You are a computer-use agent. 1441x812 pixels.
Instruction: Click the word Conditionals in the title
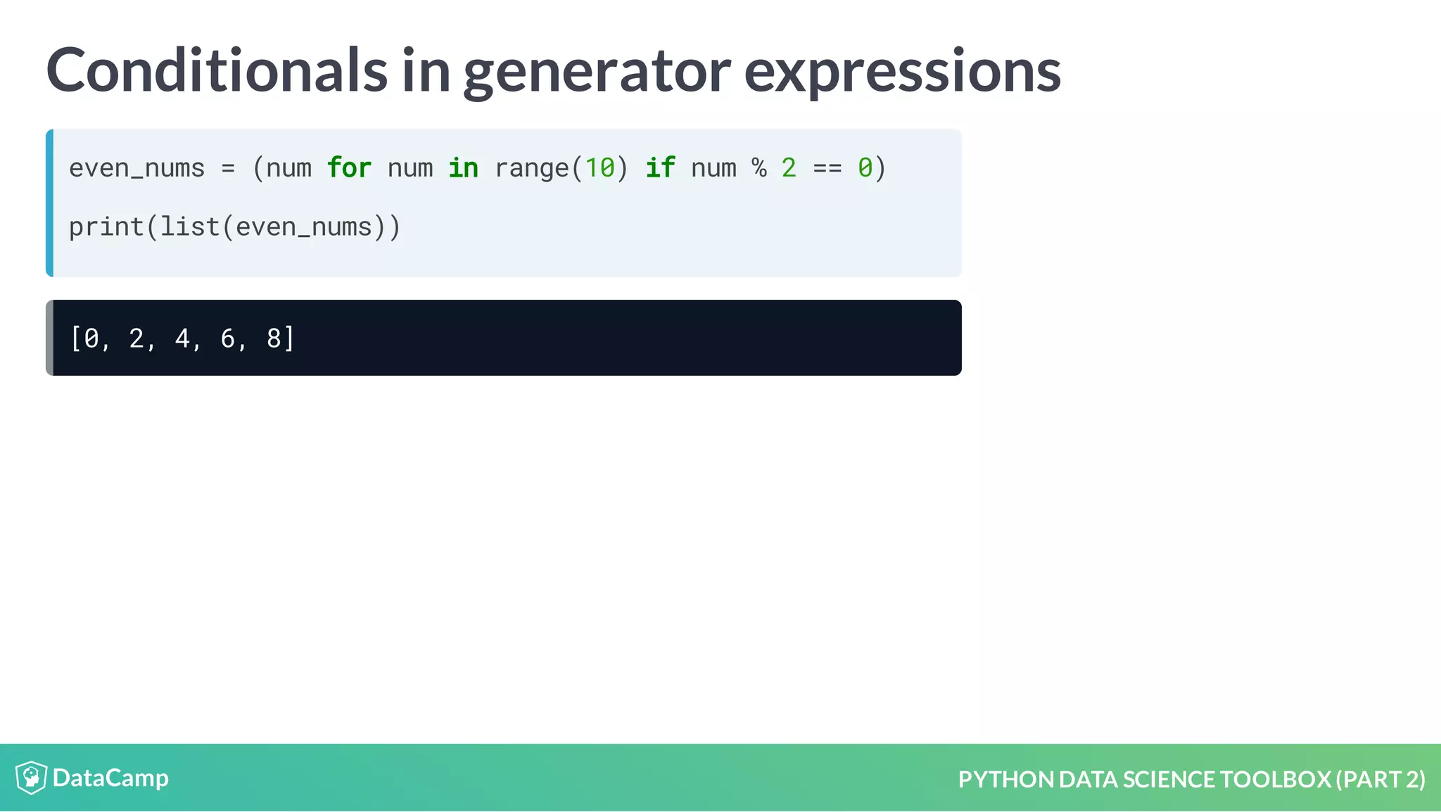click(x=217, y=70)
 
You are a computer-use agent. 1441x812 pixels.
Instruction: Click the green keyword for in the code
click(x=349, y=168)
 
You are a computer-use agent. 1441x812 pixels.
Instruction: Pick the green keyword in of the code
click(x=463, y=168)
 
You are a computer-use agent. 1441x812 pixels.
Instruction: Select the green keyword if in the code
click(x=661, y=168)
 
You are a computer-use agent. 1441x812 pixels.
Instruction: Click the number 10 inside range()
click(x=599, y=168)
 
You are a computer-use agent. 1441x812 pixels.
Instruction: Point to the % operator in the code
click(x=758, y=168)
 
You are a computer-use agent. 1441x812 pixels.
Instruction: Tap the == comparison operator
click(x=827, y=169)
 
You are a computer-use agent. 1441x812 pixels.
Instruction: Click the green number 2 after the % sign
click(x=789, y=168)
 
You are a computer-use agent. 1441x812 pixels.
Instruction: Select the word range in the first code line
click(x=531, y=169)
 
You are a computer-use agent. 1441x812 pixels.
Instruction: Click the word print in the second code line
click(x=106, y=227)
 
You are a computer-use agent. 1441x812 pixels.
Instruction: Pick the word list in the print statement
click(x=190, y=227)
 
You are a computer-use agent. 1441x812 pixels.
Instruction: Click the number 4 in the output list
click(x=182, y=338)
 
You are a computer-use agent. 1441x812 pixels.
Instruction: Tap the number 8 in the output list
click(x=274, y=338)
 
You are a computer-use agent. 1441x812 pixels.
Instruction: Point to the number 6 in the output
click(x=228, y=338)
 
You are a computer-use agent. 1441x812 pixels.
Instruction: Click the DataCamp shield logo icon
click(x=31, y=778)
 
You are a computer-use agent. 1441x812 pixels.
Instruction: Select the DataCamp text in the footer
click(x=110, y=778)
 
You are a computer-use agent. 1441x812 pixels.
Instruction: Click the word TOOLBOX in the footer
click(x=1275, y=780)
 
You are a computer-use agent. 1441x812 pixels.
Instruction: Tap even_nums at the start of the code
click(x=137, y=169)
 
